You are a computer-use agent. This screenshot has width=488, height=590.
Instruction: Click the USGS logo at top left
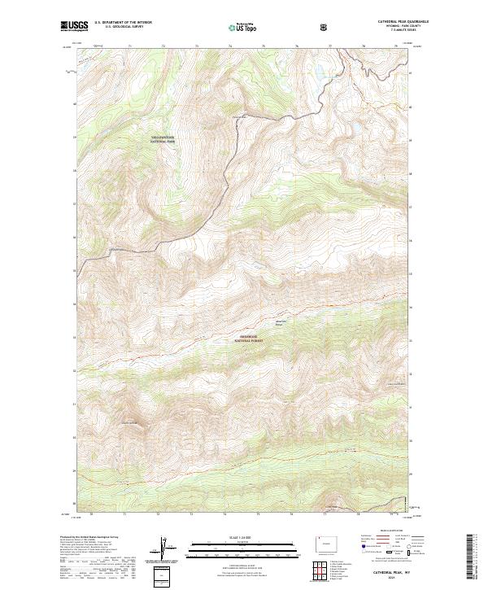click(75, 27)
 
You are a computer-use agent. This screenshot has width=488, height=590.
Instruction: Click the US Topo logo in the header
click(244, 27)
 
